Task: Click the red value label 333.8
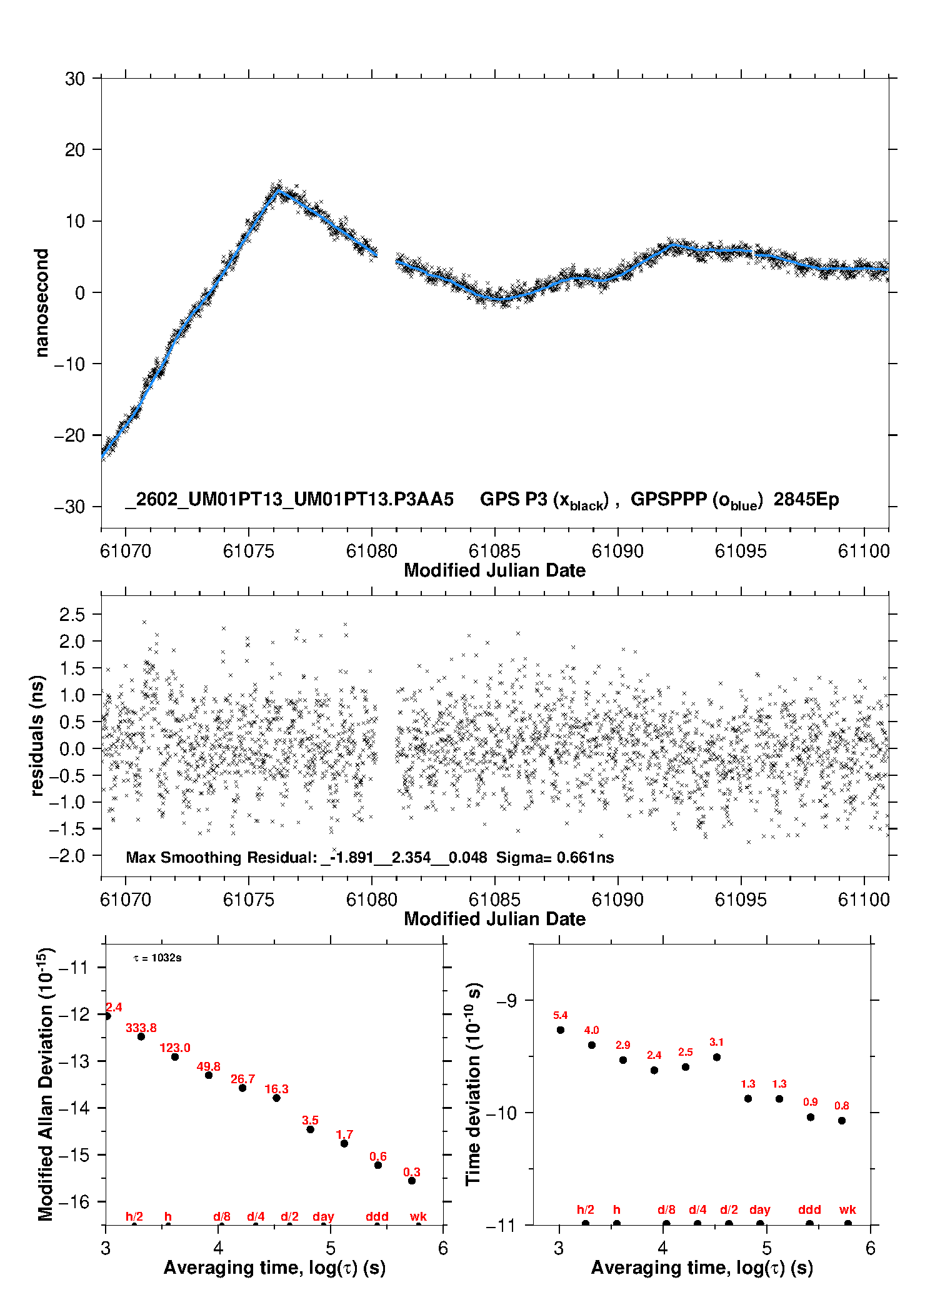(141, 1028)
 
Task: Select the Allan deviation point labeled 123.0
(175, 1057)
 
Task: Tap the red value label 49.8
(208, 1066)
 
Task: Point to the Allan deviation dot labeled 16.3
(276, 1098)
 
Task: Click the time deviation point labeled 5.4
(561, 1030)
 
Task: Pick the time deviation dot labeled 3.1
(717, 1057)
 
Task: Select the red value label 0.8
(841, 1106)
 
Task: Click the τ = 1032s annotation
(157, 958)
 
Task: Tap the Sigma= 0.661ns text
(555, 857)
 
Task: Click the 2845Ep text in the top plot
(806, 499)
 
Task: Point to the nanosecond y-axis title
(41, 303)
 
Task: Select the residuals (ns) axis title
(37, 735)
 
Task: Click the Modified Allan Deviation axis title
(45, 1084)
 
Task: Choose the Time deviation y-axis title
(473, 1084)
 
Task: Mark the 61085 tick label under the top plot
(494, 551)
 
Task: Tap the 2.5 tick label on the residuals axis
(72, 615)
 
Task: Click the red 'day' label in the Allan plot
(323, 1216)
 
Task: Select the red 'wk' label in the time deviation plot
(847, 1209)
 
